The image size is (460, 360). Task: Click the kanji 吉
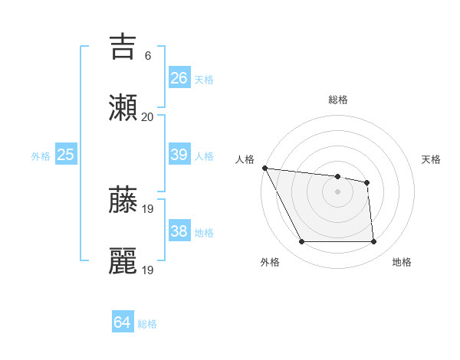[123, 47]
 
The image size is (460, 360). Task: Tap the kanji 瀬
[123, 107]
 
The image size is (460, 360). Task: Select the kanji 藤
[123, 201]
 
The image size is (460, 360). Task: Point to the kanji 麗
[123, 260]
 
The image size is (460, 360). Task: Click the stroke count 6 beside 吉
[147, 56]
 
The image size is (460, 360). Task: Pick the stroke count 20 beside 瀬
[147, 116]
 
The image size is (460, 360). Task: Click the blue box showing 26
[179, 78]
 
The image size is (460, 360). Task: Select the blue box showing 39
[179, 155]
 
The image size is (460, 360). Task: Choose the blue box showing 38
[179, 231]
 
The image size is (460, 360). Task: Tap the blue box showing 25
[66, 155]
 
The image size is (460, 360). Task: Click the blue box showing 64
[123, 322]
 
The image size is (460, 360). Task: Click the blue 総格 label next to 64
[147, 324]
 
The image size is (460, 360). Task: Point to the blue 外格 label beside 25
[41, 156]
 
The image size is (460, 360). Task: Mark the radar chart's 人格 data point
[264, 168]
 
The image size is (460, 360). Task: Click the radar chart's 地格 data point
[373, 242]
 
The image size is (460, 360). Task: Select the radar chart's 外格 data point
[301, 242]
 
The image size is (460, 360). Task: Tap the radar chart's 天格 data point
[367, 182]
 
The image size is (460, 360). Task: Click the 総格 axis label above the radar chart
[337, 100]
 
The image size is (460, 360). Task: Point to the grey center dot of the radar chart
[337, 191]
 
